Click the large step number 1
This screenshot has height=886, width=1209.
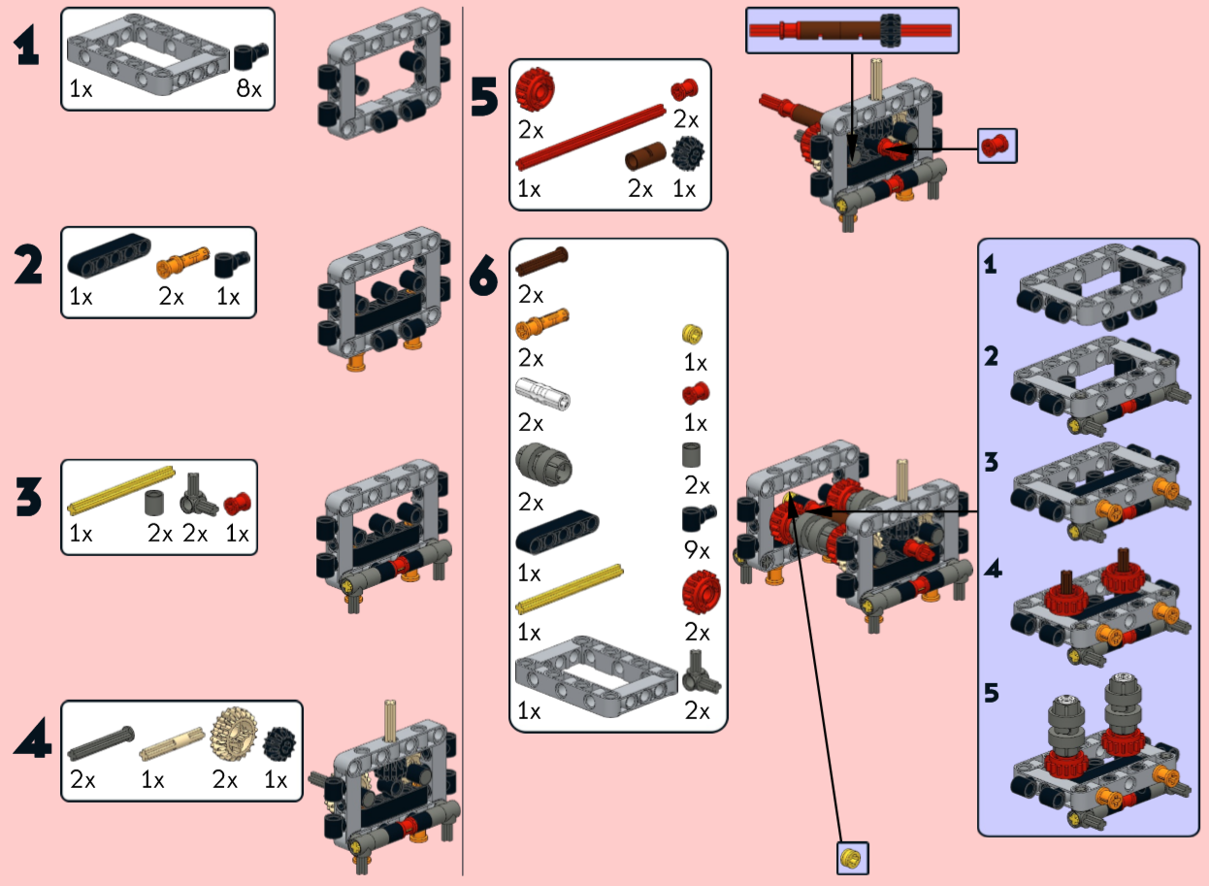pyautogui.click(x=27, y=47)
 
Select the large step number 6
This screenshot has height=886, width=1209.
pyautogui.click(x=483, y=277)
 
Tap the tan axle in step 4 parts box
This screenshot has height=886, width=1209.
pyautogui.click(x=166, y=749)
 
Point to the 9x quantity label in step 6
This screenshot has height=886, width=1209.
pyautogui.click(x=697, y=550)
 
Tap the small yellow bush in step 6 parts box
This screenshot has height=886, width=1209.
pyautogui.click(x=693, y=335)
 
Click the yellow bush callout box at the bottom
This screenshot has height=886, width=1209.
pyautogui.click(x=852, y=858)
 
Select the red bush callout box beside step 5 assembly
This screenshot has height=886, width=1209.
pyautogui.click(x=997, y=147)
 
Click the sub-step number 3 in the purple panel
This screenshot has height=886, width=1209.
pyautogui.click(x=991, y=463)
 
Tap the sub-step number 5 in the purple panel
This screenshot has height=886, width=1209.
pyautogui.click(x=992, y=694)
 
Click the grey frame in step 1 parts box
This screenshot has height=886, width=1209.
pyautogui.click(x=147, y=59)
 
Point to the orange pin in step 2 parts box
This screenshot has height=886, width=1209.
pyautogui.click(x=183, y=261)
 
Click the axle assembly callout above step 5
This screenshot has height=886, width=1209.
pyautogui.click(x=851, y=31)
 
